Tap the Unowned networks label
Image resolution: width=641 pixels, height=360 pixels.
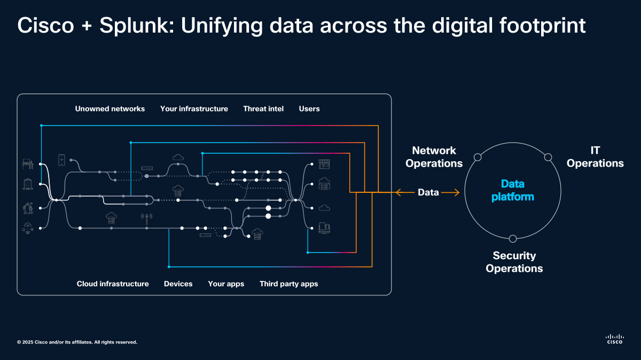tap(110, 109)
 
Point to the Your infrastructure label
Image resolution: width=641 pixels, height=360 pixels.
tap(194, 109)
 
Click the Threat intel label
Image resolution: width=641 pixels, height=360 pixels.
tap(263, 109)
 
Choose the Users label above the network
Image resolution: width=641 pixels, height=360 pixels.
tap(309, 109)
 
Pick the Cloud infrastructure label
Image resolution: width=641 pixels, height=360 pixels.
tap(113, 284)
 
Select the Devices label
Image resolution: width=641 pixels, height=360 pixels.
tap(178, 284)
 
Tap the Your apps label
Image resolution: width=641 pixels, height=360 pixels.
tap(226, 284)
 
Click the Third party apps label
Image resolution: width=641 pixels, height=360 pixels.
tap(288, 284)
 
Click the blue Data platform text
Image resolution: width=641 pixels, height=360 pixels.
tap(513, 191)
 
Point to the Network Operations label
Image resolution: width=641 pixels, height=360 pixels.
tap(434, 157)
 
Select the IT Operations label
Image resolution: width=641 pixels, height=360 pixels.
tap(595, 157)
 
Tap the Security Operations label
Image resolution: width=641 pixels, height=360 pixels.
tap(514, 262)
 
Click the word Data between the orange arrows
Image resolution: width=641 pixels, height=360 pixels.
tap(428, 192)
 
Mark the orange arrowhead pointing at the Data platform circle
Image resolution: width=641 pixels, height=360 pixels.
tap(457, 192)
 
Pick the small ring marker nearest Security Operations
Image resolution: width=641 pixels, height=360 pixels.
tap(513, 239)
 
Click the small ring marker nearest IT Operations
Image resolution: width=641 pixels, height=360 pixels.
tap(548, 157)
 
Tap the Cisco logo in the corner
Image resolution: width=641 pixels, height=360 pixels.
tap(614, 339)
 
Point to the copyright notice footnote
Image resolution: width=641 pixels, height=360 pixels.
tap(77, 342)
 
